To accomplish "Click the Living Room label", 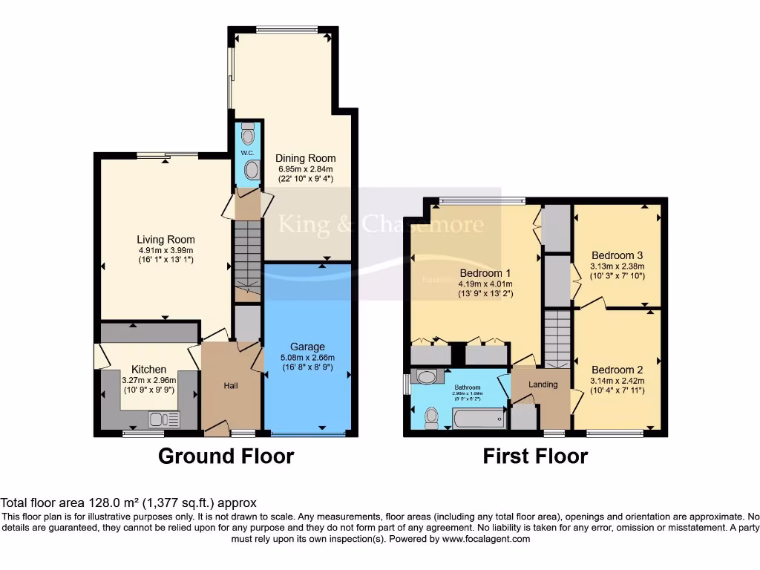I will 166,240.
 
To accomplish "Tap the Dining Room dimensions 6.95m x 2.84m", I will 305,168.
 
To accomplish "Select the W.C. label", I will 247,154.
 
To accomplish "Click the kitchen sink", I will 163,419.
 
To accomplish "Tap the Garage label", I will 307,347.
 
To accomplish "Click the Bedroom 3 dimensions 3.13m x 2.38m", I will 617,267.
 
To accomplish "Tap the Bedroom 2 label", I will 617,370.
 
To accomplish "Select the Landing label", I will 543,384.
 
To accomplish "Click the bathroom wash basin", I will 426,378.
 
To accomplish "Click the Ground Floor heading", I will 226,456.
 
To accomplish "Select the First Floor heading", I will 535,456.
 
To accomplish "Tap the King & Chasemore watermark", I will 380,224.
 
